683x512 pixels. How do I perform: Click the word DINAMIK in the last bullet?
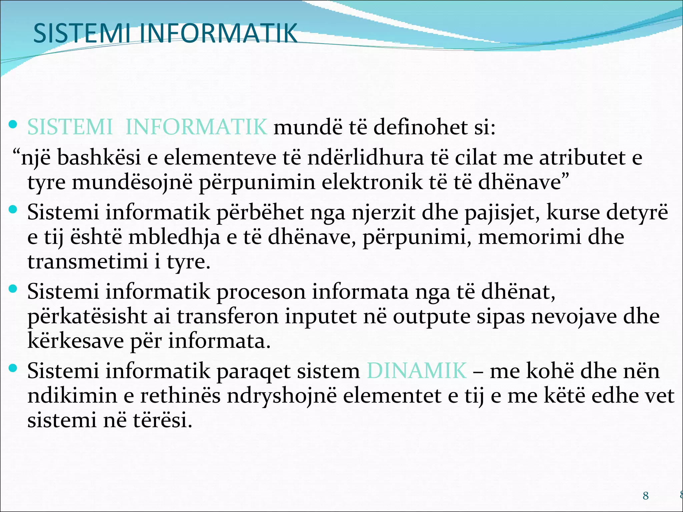pos(417,371)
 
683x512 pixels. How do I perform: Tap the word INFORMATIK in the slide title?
pos(218,33)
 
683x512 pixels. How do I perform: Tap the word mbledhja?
pos(174,237)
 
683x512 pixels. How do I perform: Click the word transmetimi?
pos(87,262)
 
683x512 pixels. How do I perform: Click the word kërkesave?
pos(75,341)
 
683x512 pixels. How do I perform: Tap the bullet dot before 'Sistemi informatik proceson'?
pos(13,289)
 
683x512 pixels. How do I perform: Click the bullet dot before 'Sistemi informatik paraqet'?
pos(13,368)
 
